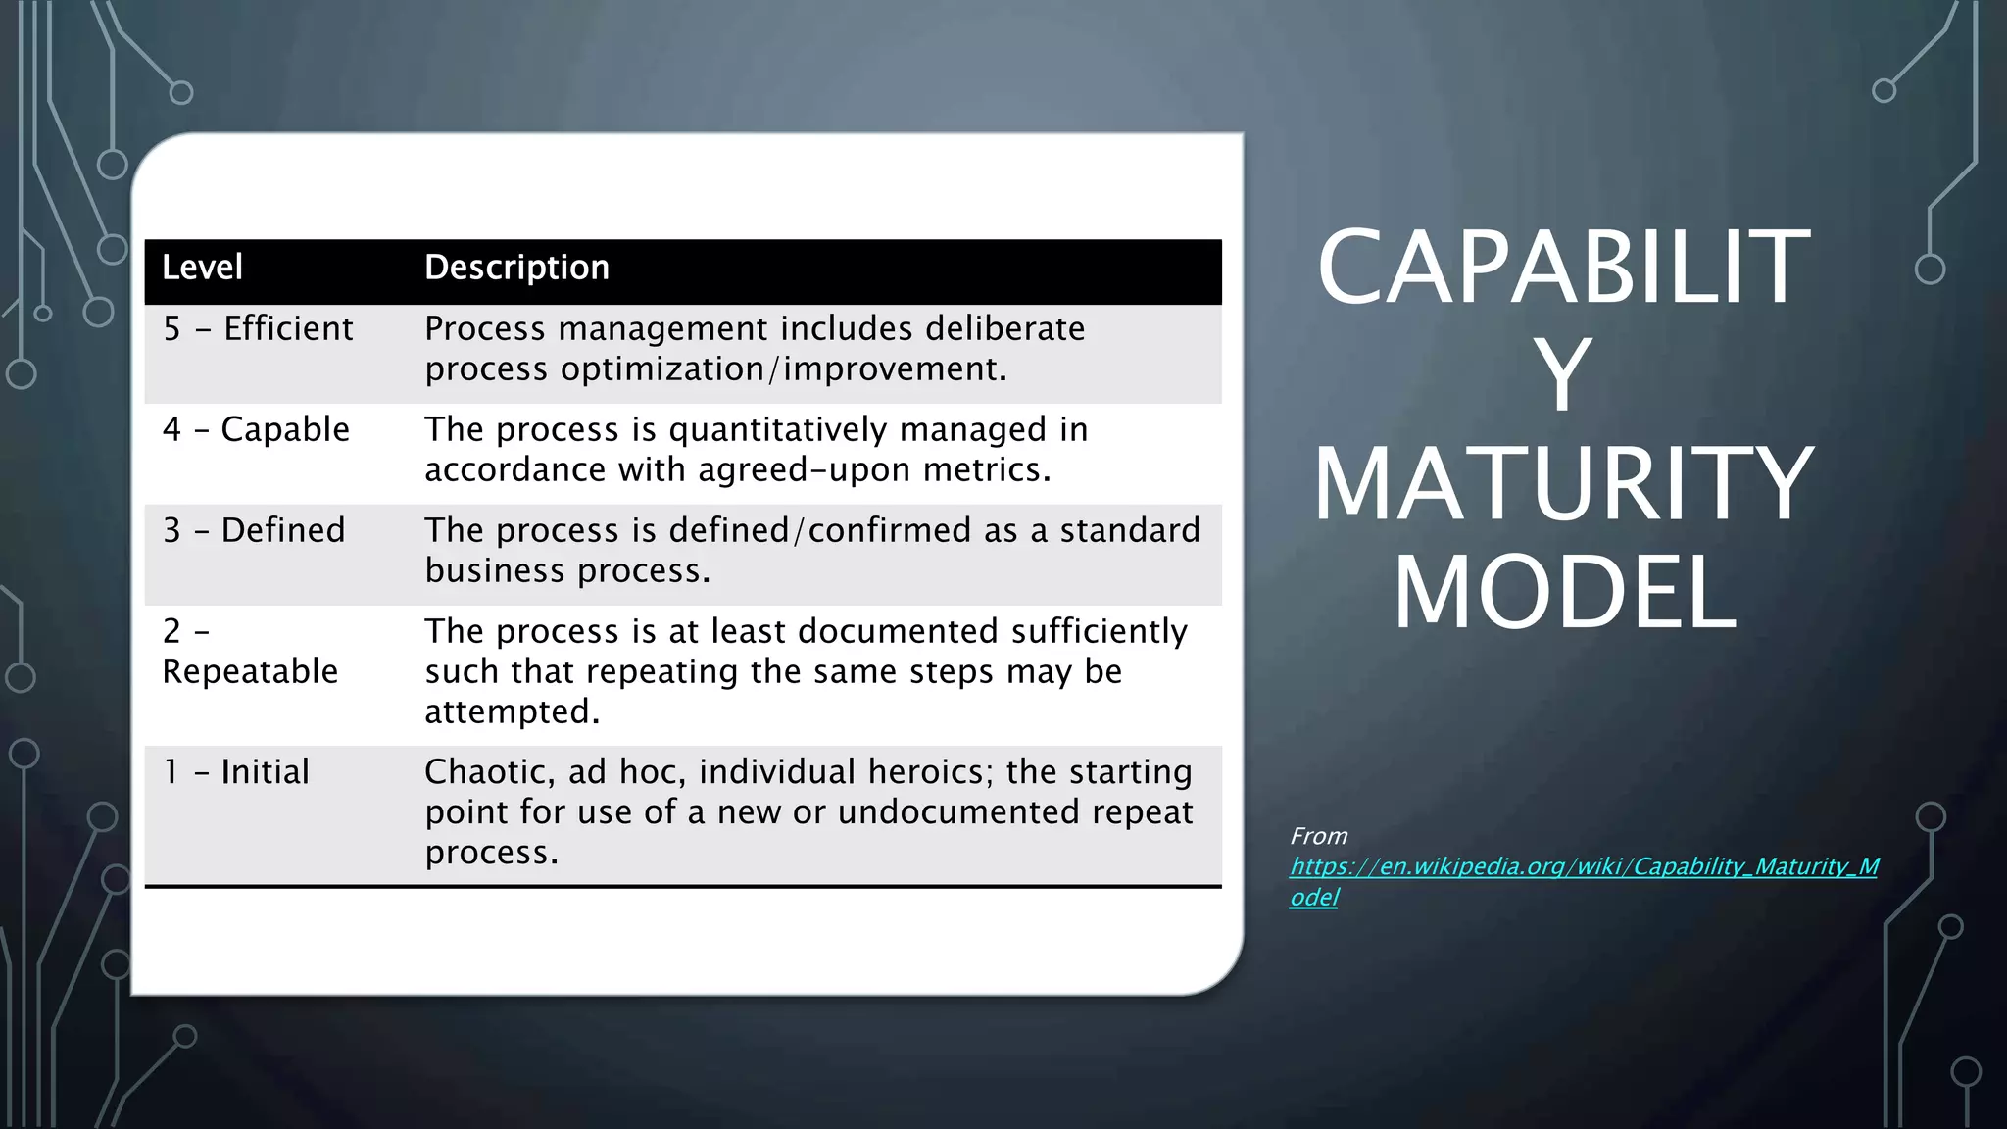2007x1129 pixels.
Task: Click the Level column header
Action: coord(202,268)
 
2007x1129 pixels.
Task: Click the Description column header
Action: coord(516,268)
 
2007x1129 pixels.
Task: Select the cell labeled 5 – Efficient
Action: coord(258,329)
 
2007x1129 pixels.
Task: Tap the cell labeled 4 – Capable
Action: coord(256,430)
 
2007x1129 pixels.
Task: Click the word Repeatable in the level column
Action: coord(250,672)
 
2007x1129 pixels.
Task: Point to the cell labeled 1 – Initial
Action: coord(235,772)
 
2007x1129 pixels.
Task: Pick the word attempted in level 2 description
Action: coord(511,712)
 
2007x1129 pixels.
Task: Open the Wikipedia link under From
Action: coord(1583,867)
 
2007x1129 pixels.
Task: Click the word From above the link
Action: coord(1318,836)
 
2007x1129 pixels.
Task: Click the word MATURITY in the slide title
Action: coord(1563,484)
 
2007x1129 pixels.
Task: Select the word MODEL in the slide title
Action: coord(1564,593)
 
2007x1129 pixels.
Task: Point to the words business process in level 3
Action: coord(566,571)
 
